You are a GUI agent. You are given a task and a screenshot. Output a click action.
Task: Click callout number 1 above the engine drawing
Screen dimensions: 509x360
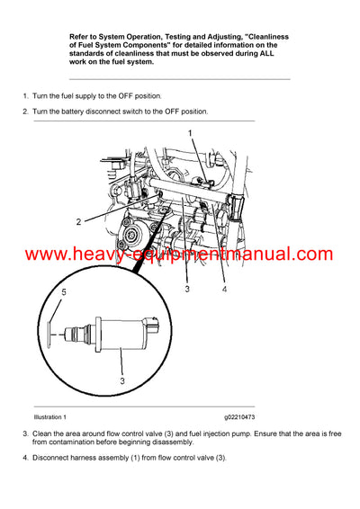[x=190, y=133]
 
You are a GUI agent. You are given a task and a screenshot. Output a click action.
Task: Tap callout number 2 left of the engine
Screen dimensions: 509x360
[x=78, y=220]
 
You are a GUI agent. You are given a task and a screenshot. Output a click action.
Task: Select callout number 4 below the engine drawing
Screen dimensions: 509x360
[x=224, y=290]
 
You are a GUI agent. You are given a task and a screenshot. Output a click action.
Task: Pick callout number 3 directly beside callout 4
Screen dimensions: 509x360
[x=186, y=290]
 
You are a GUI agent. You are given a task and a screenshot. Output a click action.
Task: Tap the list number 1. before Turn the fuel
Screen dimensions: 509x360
[x=24, y=94]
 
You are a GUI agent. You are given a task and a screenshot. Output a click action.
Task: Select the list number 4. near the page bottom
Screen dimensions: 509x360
[x=24, y=459]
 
